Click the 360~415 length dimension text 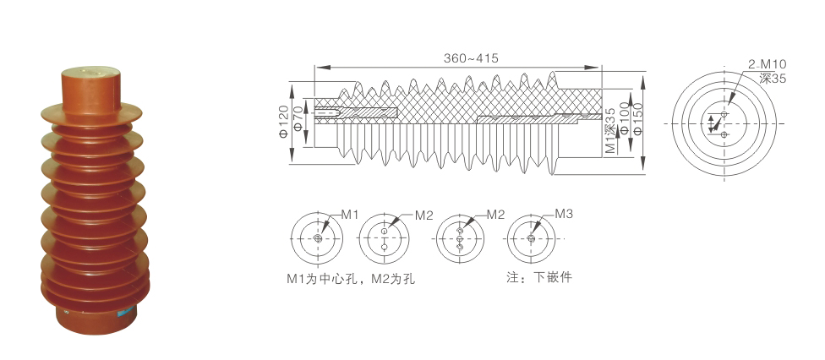coord(471,58)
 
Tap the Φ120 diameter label coord(284,124)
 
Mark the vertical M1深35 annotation coord(609,128)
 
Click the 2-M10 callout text coord(767,64)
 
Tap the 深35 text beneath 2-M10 coord(773,78)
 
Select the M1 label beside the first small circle coord(351,215)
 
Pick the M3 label coord(564,215)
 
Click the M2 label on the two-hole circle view coord(423,215)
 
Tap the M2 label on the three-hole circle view coord(494,215)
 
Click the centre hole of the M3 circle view coord(531,240)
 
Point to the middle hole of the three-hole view coord(460,240)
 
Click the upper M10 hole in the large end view coord(724,114)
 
